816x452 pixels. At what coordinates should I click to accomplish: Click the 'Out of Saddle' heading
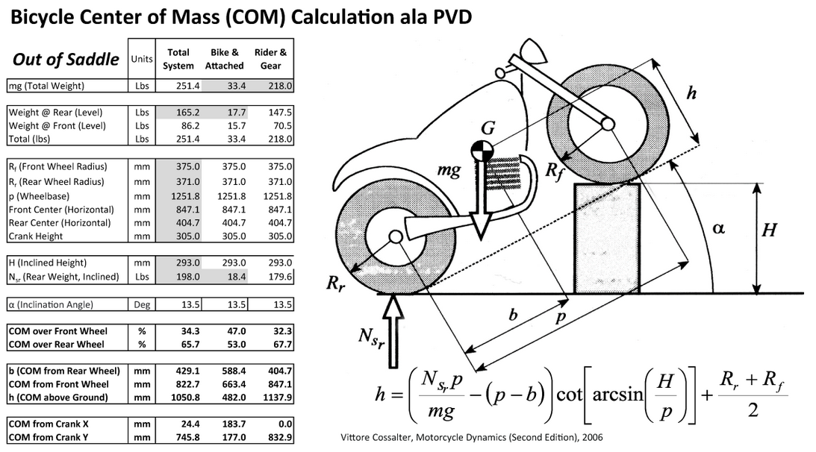pos(66,59)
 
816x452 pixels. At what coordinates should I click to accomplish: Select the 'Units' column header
pos(142,59)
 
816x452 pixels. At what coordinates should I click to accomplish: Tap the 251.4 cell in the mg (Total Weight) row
pos(188,86)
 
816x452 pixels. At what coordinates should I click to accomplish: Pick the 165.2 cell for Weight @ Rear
pos(188,113)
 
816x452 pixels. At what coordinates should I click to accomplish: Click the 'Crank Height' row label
pos(35,236)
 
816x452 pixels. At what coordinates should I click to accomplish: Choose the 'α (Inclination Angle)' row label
pos(51,305)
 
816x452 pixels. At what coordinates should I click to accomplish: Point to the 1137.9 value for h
pos(278,398)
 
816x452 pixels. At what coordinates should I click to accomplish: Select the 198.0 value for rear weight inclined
pos(188,277)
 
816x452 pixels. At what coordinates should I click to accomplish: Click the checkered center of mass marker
pos(482,151)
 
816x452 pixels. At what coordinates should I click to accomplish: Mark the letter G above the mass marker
pos(488,128)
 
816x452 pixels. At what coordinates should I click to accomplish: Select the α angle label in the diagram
pos(719,228)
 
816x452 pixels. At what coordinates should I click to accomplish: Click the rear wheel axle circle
pos(396,237)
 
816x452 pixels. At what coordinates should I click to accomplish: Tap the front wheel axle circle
pos(608,125)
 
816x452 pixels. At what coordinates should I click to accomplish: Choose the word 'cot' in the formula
pos(570,395)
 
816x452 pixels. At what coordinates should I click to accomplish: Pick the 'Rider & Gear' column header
pos(270,59)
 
